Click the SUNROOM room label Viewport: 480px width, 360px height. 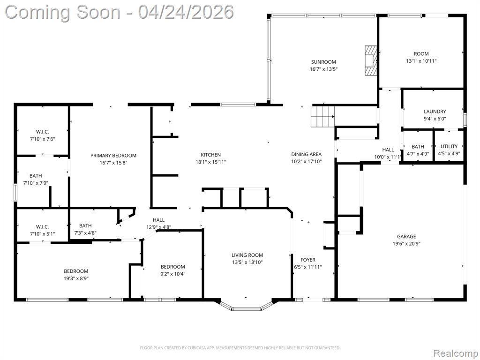pyautogui.click(x=323, y=62)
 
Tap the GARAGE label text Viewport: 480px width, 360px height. pyautogui.click(x=406, y=236)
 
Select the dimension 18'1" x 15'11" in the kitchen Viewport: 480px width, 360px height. pyautogui.click(x=211, y=162)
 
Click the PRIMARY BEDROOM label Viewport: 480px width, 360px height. pyautogui.click(x=113, y=156)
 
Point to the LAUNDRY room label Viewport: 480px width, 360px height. pyautogui.click(x=435, y=112)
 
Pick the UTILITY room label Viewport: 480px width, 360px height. pyautogui.click(x=449, y=146)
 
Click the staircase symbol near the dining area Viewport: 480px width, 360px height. pyautogui.click(x=323, y=116)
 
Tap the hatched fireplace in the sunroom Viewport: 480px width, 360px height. pyautogui.click(x=371, y=60)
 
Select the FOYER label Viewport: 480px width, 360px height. pyautogui.click(x=308, y=260)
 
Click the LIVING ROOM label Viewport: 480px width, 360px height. pyautogui.click(x=247, y=255)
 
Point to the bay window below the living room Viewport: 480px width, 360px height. pyautogui.click(x=246, y=306)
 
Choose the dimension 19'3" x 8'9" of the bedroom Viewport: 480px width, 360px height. pyautogui.click(x=76, y=278)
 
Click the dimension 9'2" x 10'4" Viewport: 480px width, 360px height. pyautogui.click(x=173, y=274)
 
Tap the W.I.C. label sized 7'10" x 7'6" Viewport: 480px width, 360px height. pyautogui.click(x=42, y=132)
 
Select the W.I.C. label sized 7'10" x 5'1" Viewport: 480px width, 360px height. pyautogui.click(x=42, y=226)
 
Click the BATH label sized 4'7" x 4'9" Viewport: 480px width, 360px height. pyautogui.click(x=418, y=147)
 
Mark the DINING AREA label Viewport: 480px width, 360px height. pyautogui.click(x=307, y=154)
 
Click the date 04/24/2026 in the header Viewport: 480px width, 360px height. pyautogui.click(x=186, y=12)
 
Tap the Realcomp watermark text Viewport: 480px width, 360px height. pyautogui.click(x=455, y=353)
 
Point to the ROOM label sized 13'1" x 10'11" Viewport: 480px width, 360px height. pyautogui.click(x=421, y=53)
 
